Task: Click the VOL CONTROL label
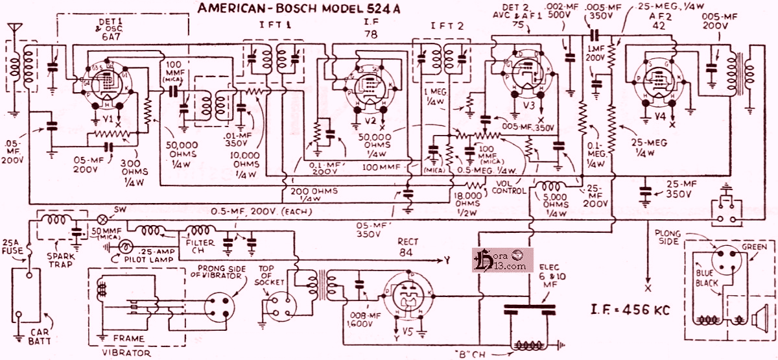pos(509,187)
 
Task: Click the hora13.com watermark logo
pos(502,260)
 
